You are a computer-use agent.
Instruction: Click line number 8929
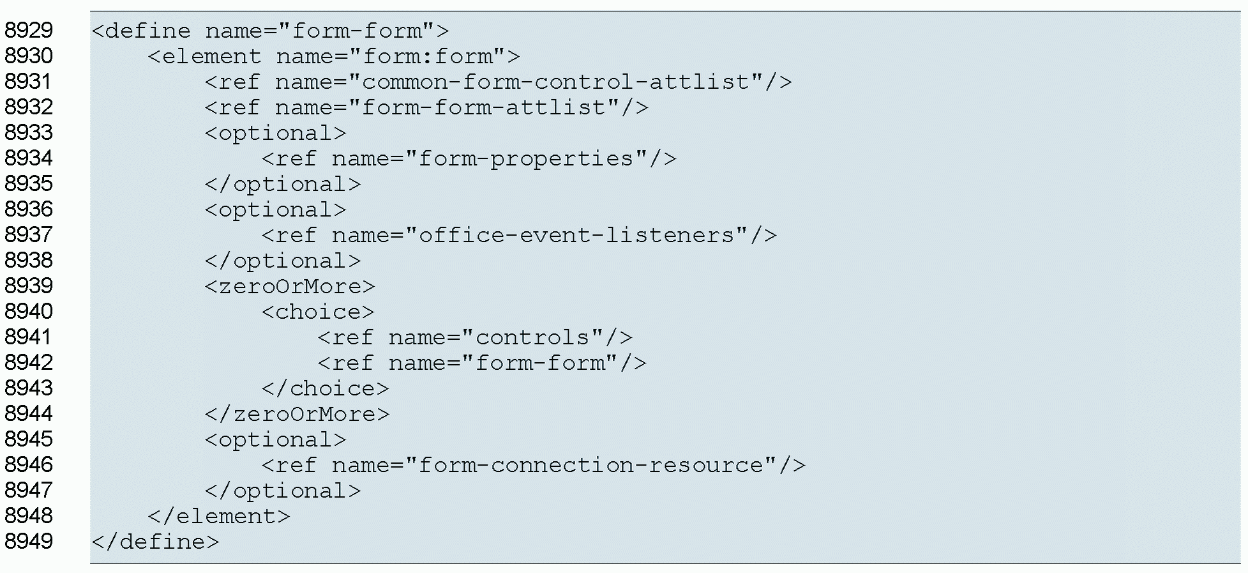pyautogui.click(x=29, y=31)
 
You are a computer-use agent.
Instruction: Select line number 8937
pyautogui.click(x=29, y=235)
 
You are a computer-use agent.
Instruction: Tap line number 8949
pyautogui.click(x=29, y=542)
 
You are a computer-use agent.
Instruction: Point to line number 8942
pyautogui.click(x=29, y=363)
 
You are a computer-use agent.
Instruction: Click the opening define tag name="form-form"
pyautogui.click(x=270, y=31)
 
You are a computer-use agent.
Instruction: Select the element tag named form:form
pyautogui.click(x=334, y=56)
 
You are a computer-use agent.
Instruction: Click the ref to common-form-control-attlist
pyautogui.click(x=498, y=82)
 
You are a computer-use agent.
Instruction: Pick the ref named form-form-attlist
pyautogui.click(x=426, y=107)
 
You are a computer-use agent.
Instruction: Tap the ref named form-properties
pyautogui.click(x=469, y=158)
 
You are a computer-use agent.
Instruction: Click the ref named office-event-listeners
pyautogui.click(x=518, y=235)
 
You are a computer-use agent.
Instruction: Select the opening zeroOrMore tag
pyautogui.click(x=290, y=286)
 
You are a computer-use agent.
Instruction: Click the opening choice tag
pyautogui.click(x=318, y=312)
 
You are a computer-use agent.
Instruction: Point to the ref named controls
pyautogui.click(x=475, y=337)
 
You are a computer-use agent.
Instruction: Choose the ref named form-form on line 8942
pyautogui.click(x=482, y=363)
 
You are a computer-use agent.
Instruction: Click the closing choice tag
pyautogui.click(x=325, y=388)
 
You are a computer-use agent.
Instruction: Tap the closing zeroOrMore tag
pyautogui.click(x=297, y=414)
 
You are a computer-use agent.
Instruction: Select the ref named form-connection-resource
pyautogui.click(x=533, y=465)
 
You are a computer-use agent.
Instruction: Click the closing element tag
pyautogui.click(x=219, y=516)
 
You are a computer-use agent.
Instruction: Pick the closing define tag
pyautogui.click(x=155, y=542)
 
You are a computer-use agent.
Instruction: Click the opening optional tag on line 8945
pyautogui.click(x=276, y=439)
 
